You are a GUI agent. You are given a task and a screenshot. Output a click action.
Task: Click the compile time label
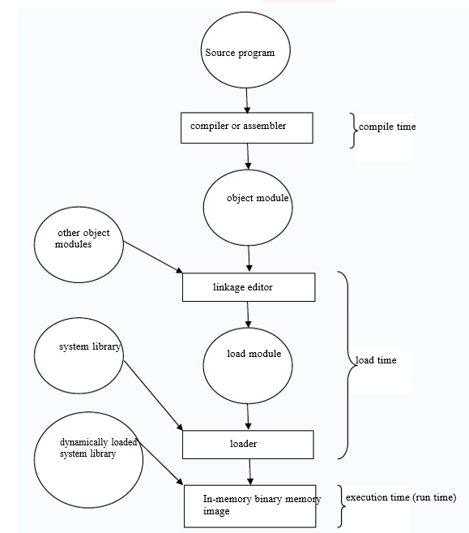(387, 127)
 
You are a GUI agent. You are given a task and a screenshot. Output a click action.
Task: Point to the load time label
(376, 360)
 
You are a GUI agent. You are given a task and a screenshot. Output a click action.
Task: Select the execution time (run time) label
(401, 497)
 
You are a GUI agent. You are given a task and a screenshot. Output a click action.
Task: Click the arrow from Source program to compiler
(247, 101)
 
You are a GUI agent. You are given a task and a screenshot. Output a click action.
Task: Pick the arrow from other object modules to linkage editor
(153, 257)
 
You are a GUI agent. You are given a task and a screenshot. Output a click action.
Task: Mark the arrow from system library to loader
(153, 396)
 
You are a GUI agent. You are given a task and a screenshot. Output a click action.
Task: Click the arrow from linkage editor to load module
(248, 315)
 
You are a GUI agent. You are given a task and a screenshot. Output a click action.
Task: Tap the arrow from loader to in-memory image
(249, 472)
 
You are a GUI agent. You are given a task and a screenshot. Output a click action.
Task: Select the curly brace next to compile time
(354, 131)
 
